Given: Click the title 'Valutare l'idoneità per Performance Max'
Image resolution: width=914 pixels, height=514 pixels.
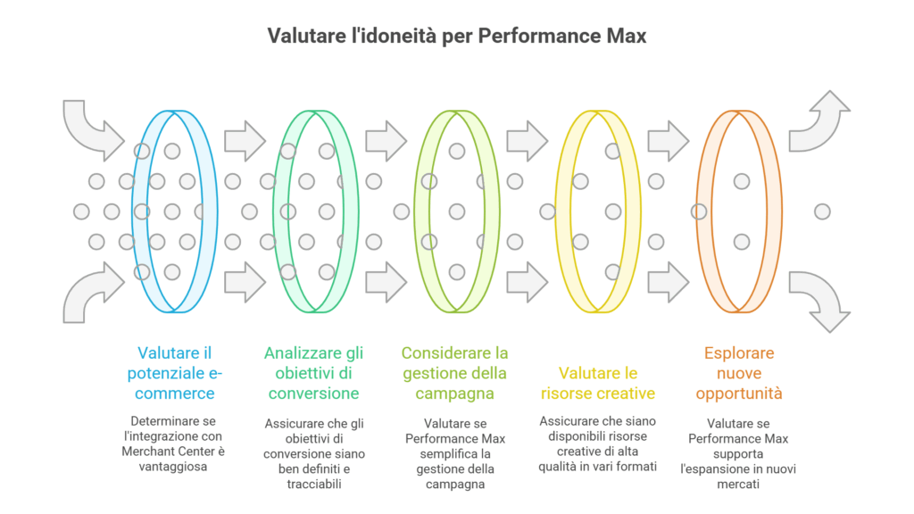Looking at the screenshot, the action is (x=457, y=36).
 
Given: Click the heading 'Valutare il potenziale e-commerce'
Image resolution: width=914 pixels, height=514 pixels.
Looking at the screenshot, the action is (x=174, y=373).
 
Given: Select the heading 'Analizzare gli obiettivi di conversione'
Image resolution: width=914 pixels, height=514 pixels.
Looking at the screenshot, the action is (x=313, y=373).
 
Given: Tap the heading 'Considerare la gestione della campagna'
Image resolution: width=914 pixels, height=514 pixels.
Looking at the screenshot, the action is (x=454, y=373).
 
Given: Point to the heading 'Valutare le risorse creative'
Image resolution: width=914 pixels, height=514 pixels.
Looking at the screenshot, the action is (x=598, y=383).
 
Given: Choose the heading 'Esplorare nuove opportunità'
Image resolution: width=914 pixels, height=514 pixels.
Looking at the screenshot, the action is (x=739, y=373).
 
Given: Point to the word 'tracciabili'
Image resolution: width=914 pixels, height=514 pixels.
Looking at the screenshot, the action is (x=314, y=484).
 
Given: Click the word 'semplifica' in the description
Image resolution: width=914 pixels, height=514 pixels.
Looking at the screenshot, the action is (x=455, y=453).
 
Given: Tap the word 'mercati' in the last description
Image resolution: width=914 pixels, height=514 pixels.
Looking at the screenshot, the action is (x=738, y=484).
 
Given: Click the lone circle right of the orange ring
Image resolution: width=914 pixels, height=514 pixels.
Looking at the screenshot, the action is (x=822, y=211).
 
